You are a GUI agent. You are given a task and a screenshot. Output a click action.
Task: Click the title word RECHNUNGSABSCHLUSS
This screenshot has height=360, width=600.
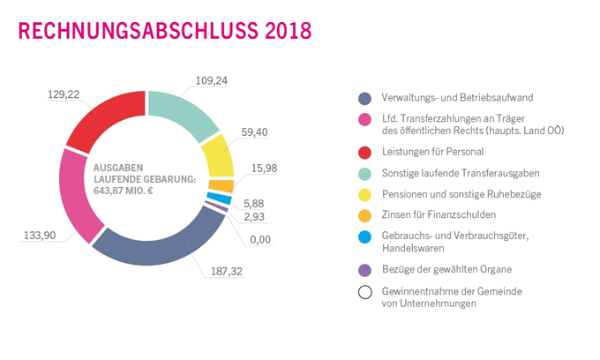click(136, 31)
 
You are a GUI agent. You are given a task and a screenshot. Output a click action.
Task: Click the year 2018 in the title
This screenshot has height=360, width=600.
click(286, 31)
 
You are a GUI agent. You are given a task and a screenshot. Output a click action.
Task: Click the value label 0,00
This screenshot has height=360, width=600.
click(260, 238)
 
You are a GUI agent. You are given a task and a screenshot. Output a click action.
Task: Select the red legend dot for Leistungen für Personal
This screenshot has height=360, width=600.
click(364, 152)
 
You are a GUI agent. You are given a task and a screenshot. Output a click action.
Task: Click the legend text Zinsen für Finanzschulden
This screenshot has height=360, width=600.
click(439, 214)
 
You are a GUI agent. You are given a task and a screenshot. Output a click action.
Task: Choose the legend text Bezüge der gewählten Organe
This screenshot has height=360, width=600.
click(446, 269)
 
